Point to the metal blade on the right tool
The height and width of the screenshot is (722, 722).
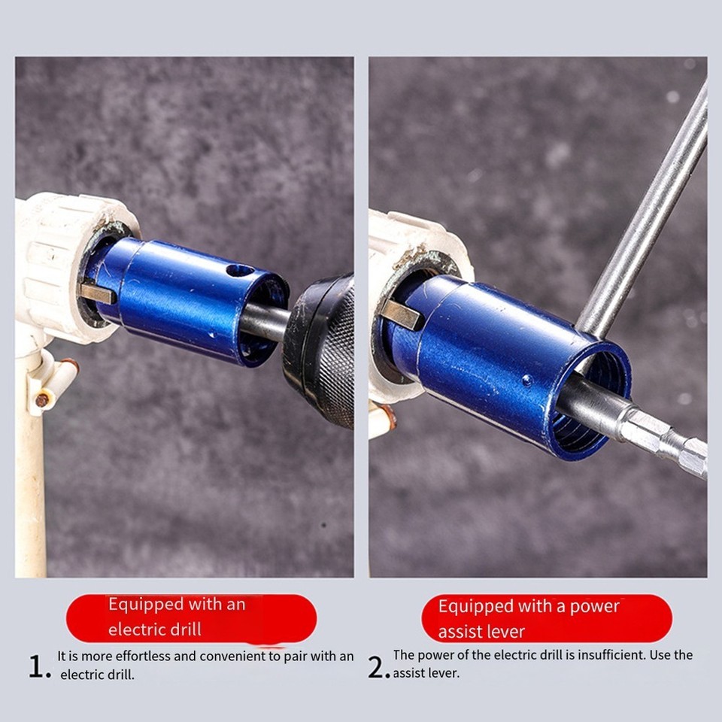coord(402,314)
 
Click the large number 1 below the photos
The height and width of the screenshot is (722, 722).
coord(37,666)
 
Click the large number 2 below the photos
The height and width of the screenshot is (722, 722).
coord(378,666)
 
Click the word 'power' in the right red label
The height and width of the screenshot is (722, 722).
coord(593,606)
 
